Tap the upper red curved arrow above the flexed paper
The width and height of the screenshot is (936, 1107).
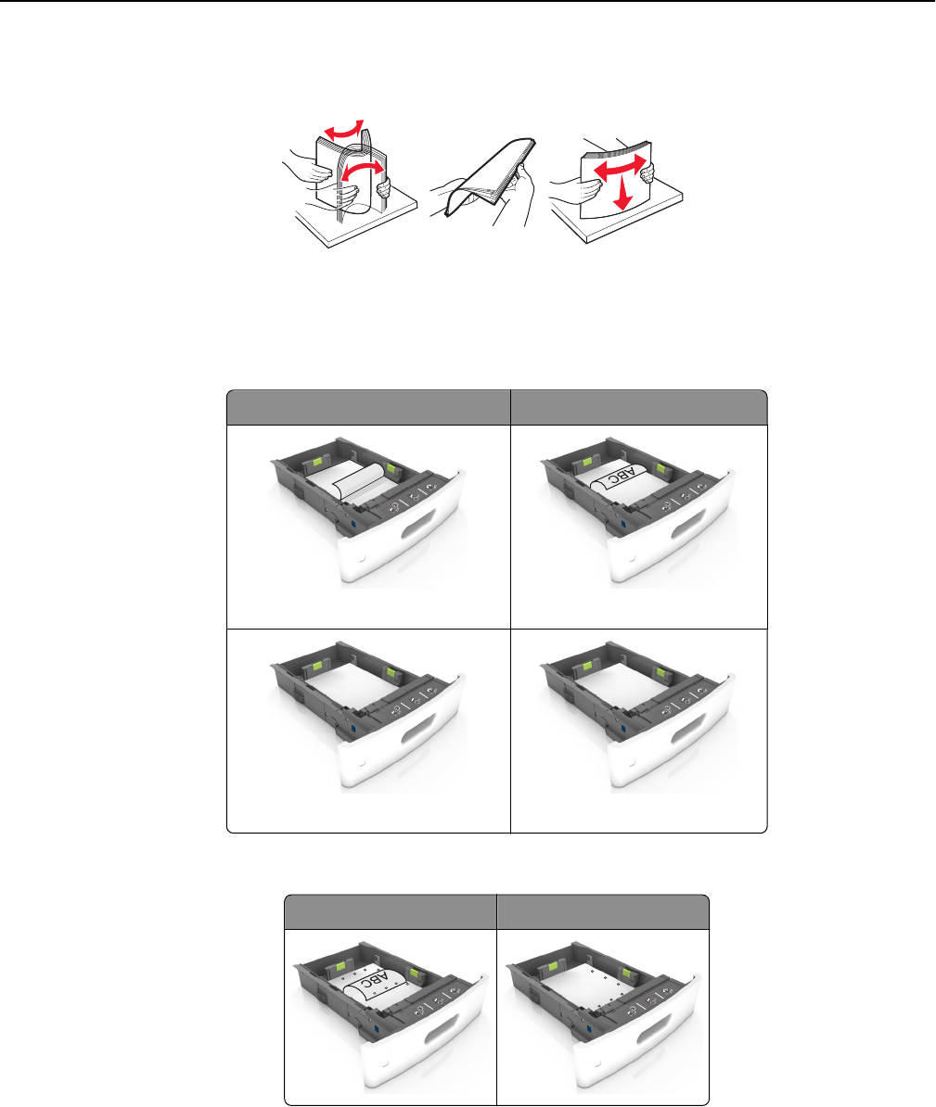[344, 129]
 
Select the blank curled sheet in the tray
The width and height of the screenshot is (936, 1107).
[358, 481]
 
